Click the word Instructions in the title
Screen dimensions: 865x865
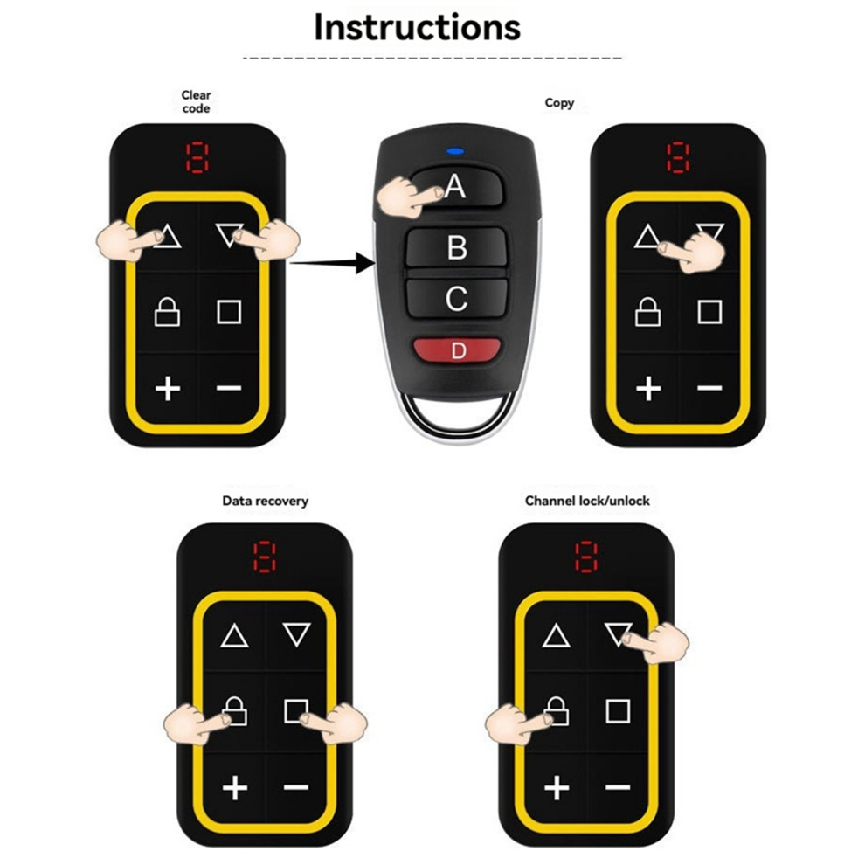[417, 27]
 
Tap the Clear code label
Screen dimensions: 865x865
[196, 102]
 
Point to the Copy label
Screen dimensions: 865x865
[559, 103]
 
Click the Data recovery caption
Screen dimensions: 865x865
[266, 501]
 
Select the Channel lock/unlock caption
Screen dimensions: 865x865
[587, 501]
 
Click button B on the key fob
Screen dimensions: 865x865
[456, 247]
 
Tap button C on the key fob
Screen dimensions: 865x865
[456, 299]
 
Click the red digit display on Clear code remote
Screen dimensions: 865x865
[197, 158]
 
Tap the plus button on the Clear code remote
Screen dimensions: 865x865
[168, 389]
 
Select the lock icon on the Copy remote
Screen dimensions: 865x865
[647, 312]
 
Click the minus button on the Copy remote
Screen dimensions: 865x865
[709, 388]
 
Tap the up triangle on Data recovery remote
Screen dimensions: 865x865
[234, 636]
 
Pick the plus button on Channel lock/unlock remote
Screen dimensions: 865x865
[557, 788]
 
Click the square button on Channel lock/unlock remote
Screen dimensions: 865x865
[618, 711]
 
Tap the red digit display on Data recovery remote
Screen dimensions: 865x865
[264, 557]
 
